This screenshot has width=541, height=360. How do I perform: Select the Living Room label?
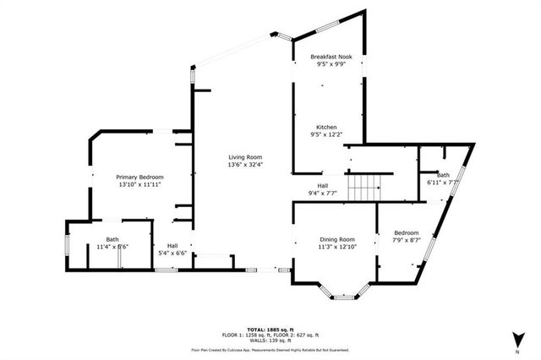pyautogui.click(x=245, y=157)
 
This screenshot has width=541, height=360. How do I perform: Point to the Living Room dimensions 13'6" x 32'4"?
pyautogui.click(x=245, y=165)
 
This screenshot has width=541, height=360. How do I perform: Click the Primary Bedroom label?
pyautogui.click(x=139, y=177)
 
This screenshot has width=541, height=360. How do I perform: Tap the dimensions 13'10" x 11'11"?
pyautogui.click(x=139, y=184)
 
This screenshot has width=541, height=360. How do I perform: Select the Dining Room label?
pyautogui.click(x=336, y=239)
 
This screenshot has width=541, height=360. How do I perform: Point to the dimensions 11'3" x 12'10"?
pyautogui.click(x=336, y=247)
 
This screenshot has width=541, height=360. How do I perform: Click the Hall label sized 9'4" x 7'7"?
pyautogui.click(x=322, y=185)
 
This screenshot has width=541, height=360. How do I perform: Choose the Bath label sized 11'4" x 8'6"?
pyautogui.click(x=112, y=239)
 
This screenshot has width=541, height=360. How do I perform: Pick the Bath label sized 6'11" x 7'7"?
pyautogui.click(x=443, y=175)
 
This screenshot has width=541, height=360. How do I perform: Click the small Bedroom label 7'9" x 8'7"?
pyautogui.click(x=406, y=232)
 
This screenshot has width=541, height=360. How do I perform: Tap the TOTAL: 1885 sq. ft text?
pyautogui.click(x=270, y=329)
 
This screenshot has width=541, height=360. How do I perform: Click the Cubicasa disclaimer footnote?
pyautogui.click(x=270, y=349)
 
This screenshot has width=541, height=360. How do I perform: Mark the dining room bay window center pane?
pyautogui.click(x=342, y=297)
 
